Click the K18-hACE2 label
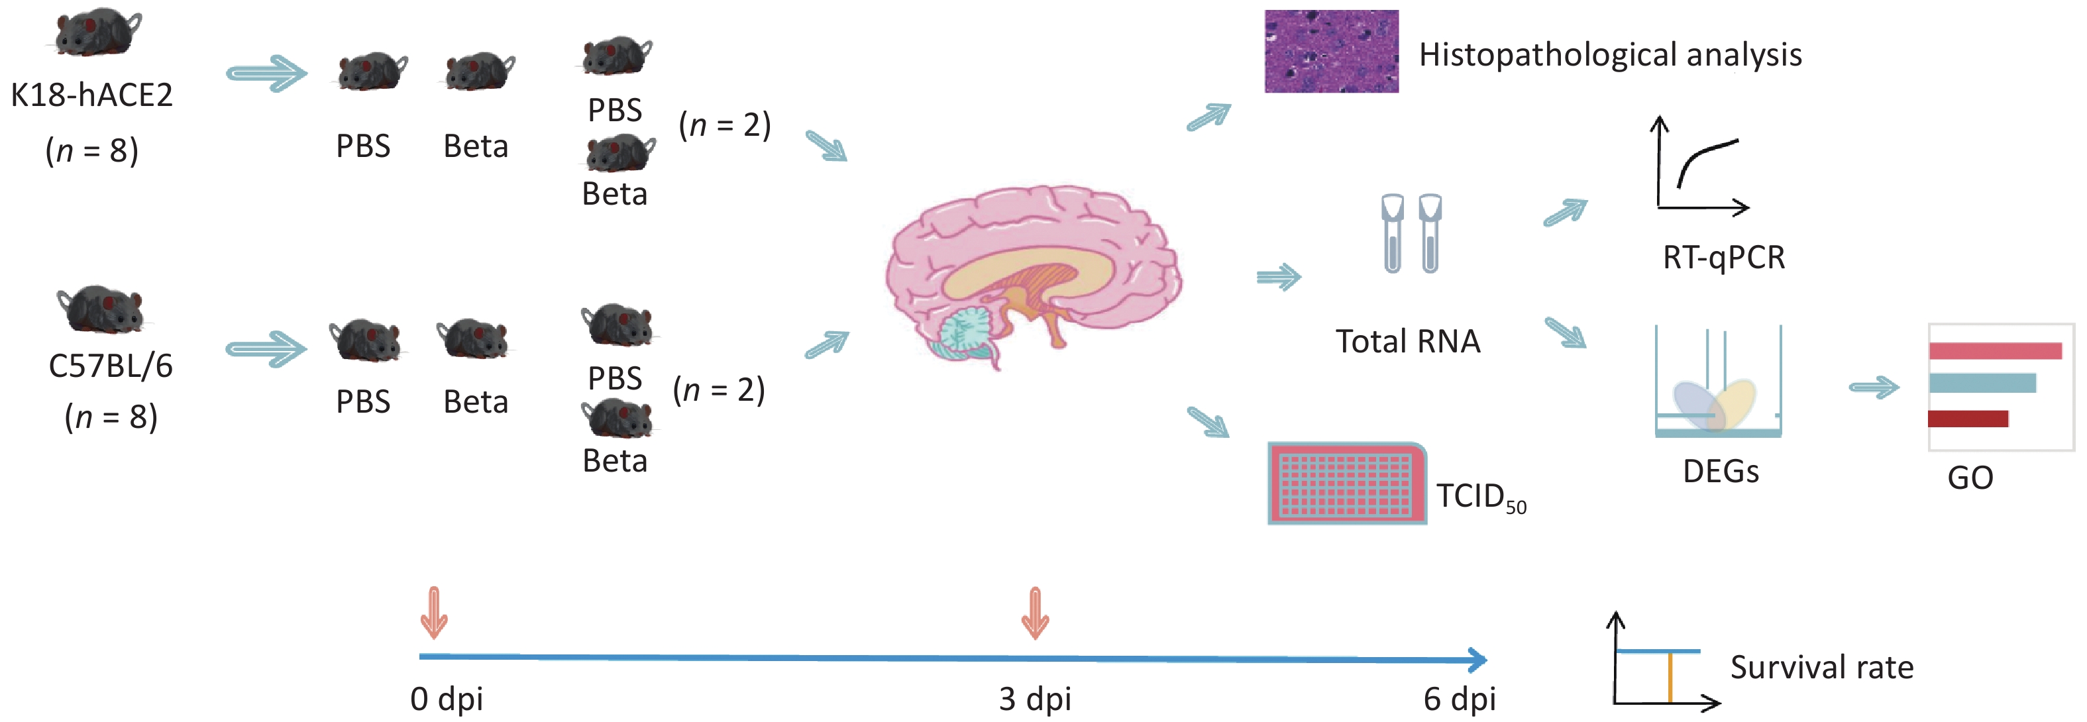[91, 95]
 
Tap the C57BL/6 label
[111, 366]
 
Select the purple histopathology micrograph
[1331, 51]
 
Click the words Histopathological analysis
[1610, 55]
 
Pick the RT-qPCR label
[1723, 258]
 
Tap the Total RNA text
[1407, 342]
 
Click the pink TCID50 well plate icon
[1346, 483]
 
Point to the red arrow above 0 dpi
[434, 613]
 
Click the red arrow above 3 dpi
[1035, 613]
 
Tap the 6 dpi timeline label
[1459, 699]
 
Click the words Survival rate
[1821, 668]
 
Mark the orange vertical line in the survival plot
[1670, 678]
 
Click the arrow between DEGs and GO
[1873, 387]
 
